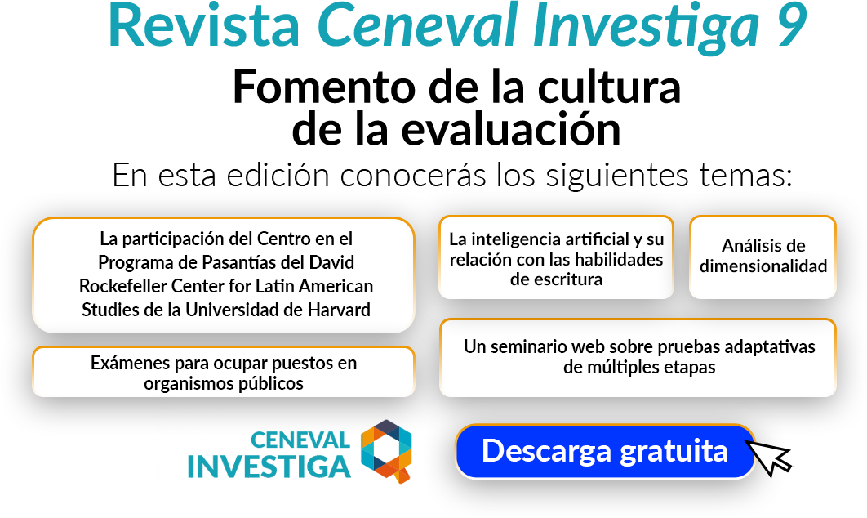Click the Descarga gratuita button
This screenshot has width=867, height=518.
click(604, 451)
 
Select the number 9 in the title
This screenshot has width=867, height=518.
click(789, 25)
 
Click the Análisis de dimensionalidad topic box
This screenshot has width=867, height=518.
click(763, 256)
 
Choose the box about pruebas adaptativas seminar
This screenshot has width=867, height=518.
click(638, 357)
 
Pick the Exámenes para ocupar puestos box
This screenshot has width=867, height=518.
click(223, 373)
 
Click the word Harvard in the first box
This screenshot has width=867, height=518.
click(336, 310)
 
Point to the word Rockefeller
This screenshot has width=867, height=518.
click(123, 287)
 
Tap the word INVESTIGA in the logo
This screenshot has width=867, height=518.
click(269, 465)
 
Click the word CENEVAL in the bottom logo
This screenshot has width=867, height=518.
click(300, 440)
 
